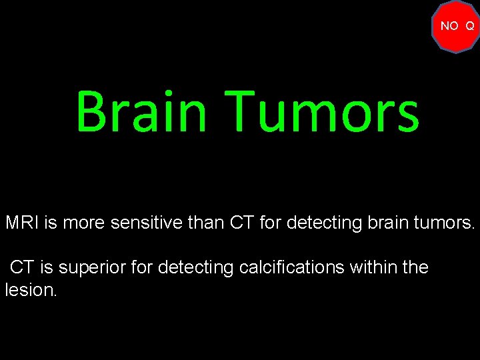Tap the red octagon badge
pyautogui.click(x=457, y=27)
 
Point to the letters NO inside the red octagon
pyautogui.click(x=449, y=26)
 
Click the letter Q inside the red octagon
pyautogui.click(x=470, y=26)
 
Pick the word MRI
pyautogui.click(x=23, y=223)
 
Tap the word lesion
pyautogui.click(x=30, y=291)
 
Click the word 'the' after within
pyautogui.click(x=416, y=268)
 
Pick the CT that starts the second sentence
pyautogui.click(x=21, y=268)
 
